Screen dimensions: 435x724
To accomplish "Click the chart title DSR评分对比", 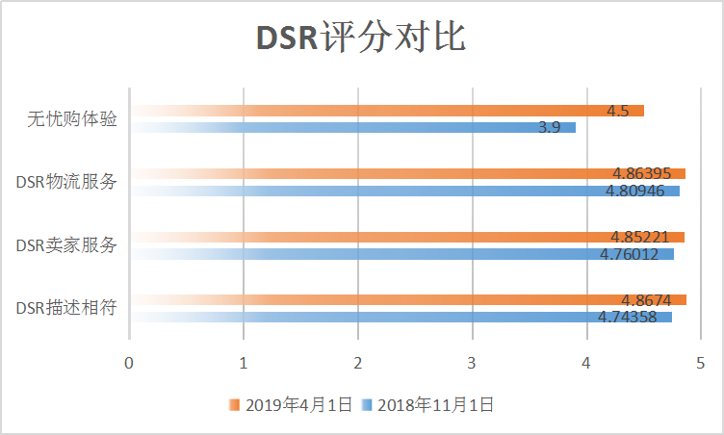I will (361, 38).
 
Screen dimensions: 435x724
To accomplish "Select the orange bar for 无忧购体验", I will (385, 111).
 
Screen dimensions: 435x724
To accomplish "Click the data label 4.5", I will (617, 111).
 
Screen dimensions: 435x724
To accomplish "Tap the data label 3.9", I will (550, 127).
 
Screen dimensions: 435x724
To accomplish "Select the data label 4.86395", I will (641, 174).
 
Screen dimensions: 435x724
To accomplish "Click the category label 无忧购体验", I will (72, 119).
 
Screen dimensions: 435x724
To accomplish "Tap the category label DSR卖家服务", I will (66, 245).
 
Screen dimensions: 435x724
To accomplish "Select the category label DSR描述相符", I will (66, 308).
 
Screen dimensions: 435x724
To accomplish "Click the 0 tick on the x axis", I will (129, 363).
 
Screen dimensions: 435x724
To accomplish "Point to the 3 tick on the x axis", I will (472, 363).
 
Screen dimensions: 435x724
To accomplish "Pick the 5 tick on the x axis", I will (700, 363).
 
